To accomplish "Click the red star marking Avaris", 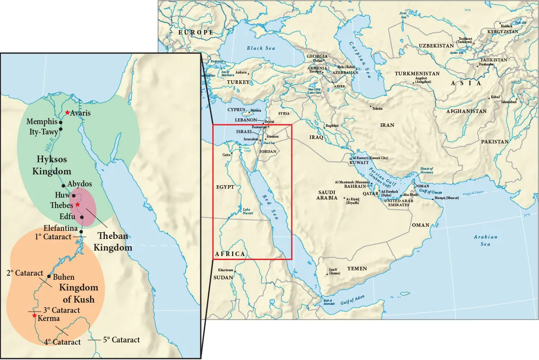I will [67, 112].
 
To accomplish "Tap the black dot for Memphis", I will [61, 122].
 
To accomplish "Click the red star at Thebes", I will [78, 204].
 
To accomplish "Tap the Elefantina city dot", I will [81, 232].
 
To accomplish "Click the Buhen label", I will [64, 277].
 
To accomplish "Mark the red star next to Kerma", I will [34, 316].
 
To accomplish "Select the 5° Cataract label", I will [121, 340].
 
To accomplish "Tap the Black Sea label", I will [261, 48].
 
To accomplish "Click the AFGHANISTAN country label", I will [466, 111].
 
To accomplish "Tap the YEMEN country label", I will [357, 269].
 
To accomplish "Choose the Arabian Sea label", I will [486, 240].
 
